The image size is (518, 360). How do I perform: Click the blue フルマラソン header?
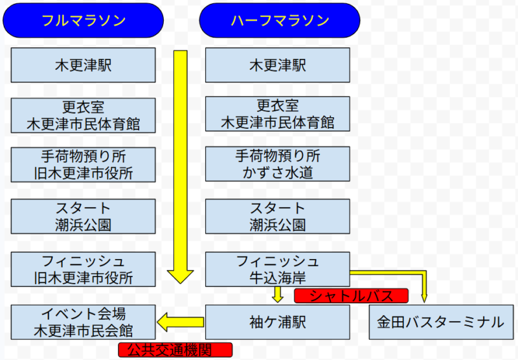(84, 21)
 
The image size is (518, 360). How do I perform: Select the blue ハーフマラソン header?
(280, 21)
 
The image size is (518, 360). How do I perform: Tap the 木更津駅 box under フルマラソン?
(84, 65)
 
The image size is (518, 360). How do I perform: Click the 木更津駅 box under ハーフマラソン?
(278, 65)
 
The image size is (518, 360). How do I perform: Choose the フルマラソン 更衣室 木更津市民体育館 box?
(84, 115)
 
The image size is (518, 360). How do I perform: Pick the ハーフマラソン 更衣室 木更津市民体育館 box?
(278, 115)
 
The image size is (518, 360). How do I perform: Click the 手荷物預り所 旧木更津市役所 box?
(84, 164)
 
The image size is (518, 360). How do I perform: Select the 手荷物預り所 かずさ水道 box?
(278, 164)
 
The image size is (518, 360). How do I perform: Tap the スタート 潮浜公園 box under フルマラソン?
(84, 216)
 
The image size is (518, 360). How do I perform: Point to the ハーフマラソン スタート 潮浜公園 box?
(278, 216)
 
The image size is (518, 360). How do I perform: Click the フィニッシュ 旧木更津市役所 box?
(84, 269)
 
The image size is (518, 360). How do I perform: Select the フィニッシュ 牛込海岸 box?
(278, 269)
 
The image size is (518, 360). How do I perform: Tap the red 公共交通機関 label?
(175, 350)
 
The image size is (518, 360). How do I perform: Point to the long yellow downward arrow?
(181, 162)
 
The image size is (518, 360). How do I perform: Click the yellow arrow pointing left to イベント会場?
(181, 320)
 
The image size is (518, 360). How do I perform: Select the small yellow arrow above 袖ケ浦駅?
(278, 295)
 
